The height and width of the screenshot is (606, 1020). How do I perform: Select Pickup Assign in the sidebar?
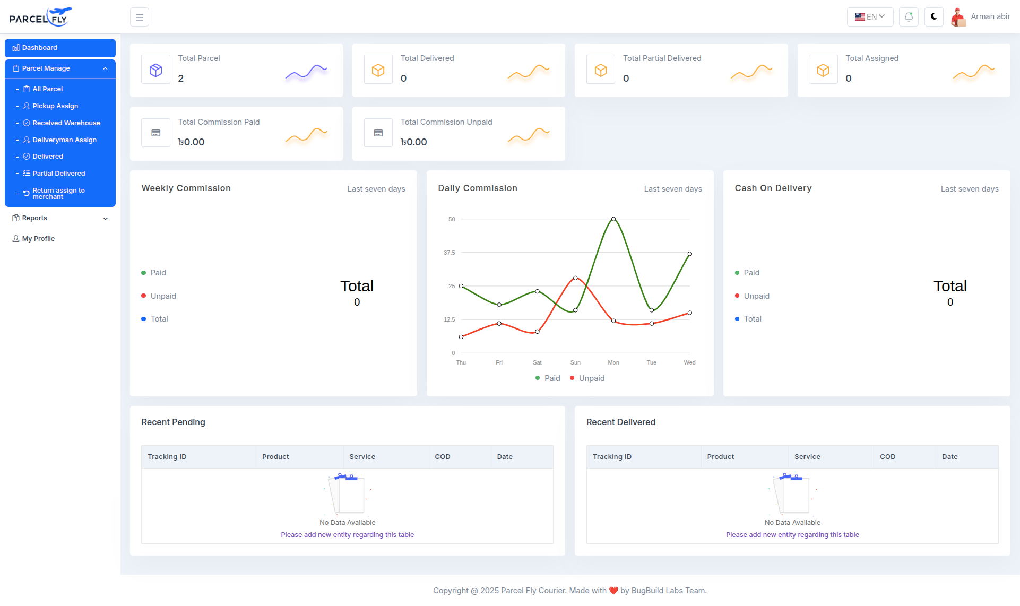[x=55, y=106]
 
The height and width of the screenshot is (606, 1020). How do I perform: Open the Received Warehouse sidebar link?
[x=66, y=123]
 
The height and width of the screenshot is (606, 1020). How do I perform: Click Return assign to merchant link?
[x=58, y=194]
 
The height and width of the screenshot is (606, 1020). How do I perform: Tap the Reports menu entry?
[x=35, y=218]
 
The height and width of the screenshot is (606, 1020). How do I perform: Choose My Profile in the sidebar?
[x=38, y=239]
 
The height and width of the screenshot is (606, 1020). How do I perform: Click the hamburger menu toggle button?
[x=140, y=18]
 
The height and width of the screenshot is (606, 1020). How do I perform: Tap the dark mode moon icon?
[x=933, y=17]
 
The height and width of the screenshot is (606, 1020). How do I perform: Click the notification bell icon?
[x=909, y=17]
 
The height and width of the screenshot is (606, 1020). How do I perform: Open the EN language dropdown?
[x=870, y=17]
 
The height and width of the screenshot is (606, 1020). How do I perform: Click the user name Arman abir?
[x=990, y=16]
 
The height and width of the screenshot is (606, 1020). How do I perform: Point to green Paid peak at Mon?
[x=613, y=219]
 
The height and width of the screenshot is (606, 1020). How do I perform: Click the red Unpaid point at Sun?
[x=575, y=278]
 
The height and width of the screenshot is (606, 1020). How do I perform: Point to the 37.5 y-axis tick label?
[x=450, y=253]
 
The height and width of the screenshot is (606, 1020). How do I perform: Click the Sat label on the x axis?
[x=537, y=363]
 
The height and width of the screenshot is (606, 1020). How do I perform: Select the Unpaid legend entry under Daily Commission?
[x=591, y=378]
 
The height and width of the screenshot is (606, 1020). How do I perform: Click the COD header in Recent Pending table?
[x=443, y=457]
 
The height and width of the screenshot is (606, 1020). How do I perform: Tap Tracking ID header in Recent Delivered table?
[x=612, y=457]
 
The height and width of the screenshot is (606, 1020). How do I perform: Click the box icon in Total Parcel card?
[x=155, y=70]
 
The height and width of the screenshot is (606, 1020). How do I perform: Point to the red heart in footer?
[x=613, y=591]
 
